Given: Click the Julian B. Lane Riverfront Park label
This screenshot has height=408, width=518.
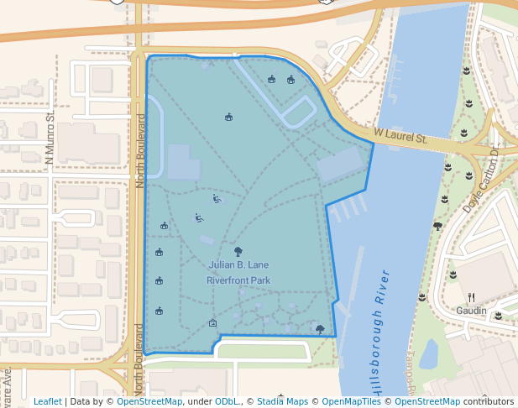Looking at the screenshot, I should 238,272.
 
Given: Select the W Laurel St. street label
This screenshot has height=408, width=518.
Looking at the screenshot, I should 401,136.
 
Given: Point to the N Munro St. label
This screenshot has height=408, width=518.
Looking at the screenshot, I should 50,137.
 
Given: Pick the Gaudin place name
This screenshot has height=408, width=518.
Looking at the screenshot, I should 471,311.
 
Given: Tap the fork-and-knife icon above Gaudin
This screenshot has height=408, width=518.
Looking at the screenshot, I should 471,297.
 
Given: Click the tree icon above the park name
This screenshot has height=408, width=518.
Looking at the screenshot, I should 238,250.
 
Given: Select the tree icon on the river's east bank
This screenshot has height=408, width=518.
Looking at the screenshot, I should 437,226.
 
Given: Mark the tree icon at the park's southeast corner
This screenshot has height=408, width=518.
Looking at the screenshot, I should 320,328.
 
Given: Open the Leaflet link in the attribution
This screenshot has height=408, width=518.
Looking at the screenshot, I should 47,402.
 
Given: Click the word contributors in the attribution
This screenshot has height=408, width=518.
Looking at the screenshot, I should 488,402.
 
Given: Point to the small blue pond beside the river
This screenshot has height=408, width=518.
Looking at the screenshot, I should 428,353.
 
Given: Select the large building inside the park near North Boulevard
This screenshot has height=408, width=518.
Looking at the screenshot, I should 184,162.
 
